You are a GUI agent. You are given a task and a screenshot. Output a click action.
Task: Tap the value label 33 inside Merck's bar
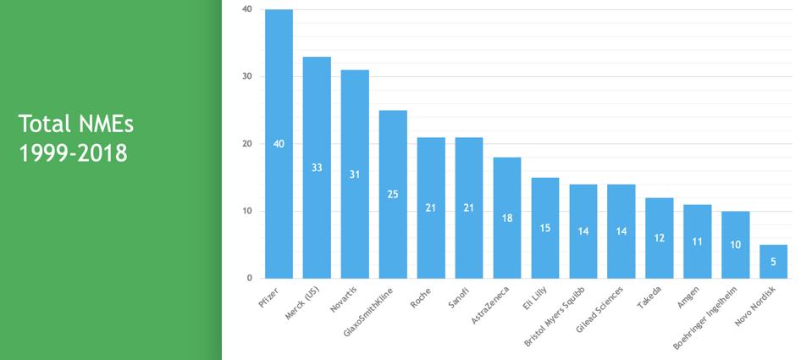317,168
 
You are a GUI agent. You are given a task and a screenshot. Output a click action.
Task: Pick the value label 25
393,194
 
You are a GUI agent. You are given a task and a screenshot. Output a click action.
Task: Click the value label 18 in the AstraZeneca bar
507,218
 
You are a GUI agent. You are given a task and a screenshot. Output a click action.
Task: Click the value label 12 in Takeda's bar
659,238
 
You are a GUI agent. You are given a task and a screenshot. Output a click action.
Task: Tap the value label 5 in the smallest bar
773,262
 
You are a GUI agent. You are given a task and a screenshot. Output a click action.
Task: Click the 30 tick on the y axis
246,76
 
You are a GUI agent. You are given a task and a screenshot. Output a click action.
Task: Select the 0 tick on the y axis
249,278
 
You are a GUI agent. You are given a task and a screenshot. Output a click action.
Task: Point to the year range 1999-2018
73,153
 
